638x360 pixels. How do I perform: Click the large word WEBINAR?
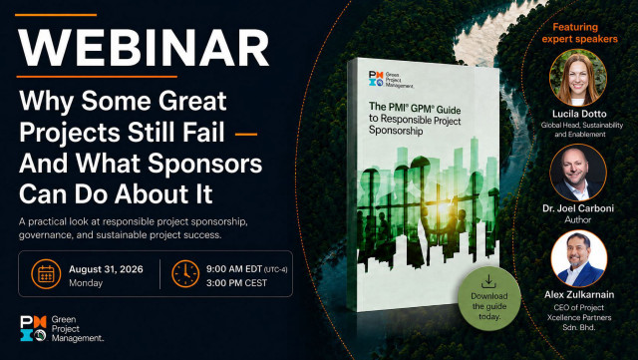point(144,47)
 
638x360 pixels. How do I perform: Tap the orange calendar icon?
point(46,274)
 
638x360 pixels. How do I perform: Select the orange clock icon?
point(185,274)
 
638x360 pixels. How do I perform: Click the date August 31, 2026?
point(106,269)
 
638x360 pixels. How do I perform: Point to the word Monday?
point(86,283)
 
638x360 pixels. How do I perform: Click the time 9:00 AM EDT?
point(234,269)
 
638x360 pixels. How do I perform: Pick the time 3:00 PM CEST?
point(236,282)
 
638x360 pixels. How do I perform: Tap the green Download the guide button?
point(489,298)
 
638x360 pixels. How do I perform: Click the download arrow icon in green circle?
point(488,281)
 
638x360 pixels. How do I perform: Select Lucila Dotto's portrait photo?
point(578,78)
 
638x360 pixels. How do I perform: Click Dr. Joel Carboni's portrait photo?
point(578,173)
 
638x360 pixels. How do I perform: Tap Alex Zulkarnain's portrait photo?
point(579,259)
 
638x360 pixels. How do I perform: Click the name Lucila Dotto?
point(579,114)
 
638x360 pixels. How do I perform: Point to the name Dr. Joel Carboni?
point(578,208)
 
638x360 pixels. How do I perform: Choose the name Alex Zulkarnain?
point(579,294)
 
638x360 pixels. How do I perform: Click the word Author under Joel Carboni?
point(578,220)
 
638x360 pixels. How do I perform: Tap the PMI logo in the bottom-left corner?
point(33,328)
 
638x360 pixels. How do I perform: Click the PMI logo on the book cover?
point(376,79)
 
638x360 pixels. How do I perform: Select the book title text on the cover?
point(415,119)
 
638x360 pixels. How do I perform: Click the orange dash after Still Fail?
point(246,134)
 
